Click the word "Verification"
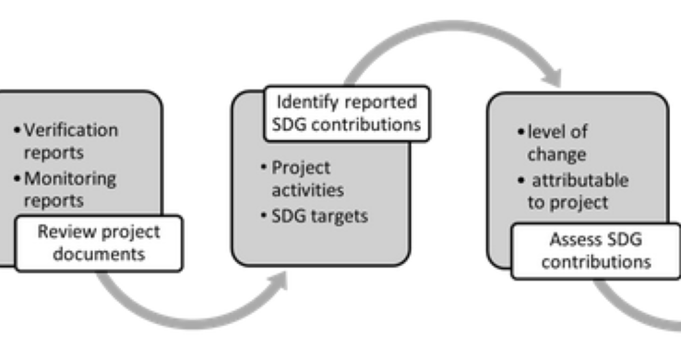point(65,130)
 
